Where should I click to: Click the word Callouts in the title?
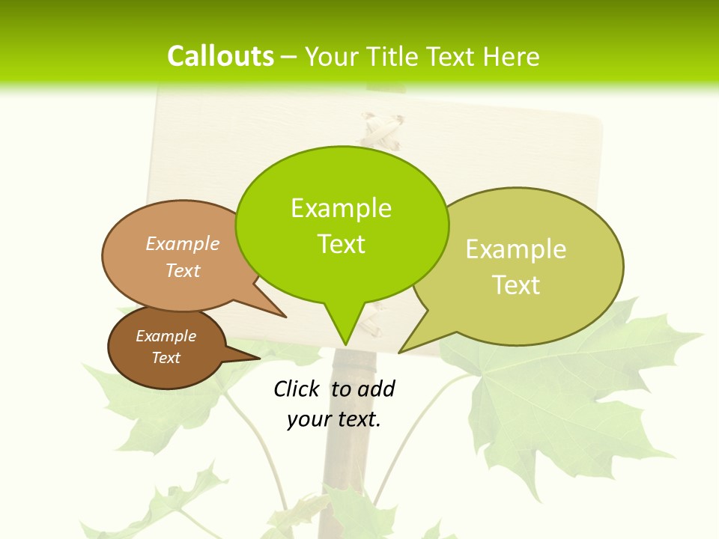pyautogui.click(x=220, y=56)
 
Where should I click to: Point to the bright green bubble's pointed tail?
pyautogui.click(x=345, y=329)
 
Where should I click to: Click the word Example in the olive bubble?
pyautogui.click(x=516, y=249)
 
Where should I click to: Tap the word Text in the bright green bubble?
pyautogui.click(x=342, y=244)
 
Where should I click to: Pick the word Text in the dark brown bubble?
pyautogui.click(x=166, y=358)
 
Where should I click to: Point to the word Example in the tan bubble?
pyautogui.click(x=183, y=244)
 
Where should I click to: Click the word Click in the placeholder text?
pyautogui.click(x=297, y=389)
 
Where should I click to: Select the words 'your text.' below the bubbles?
pyautogui.click(x=334, y=419)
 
